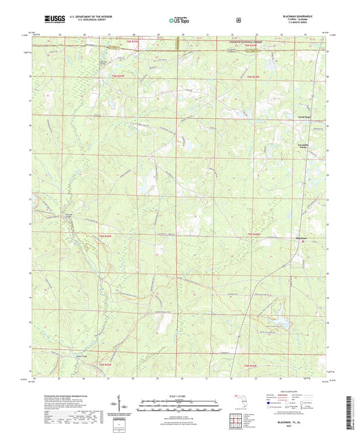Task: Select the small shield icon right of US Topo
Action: (237, 20)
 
